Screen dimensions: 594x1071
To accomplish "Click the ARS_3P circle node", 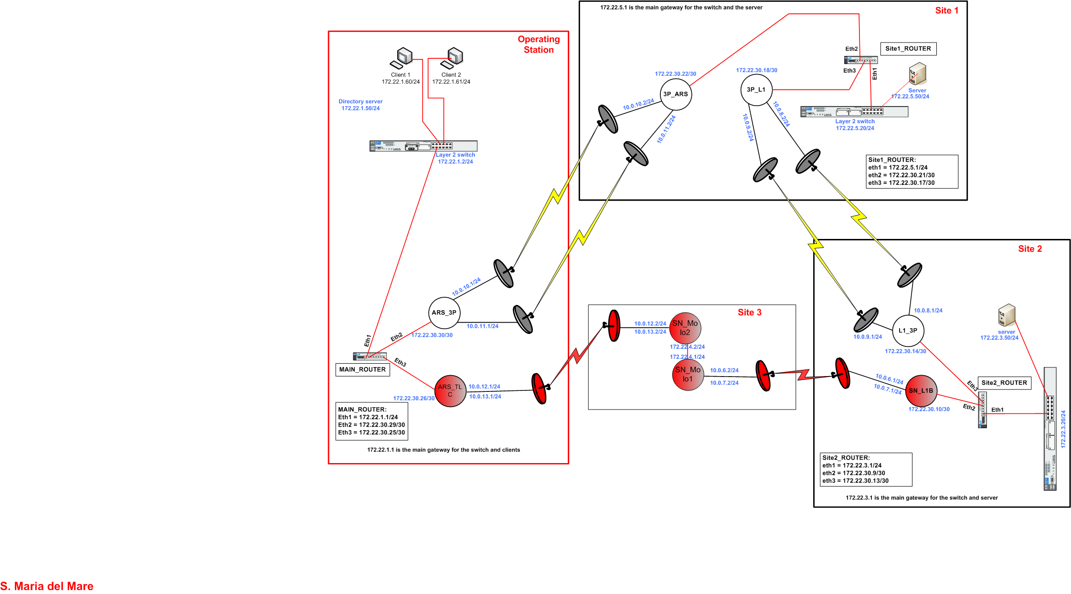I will click(x=444, y=313).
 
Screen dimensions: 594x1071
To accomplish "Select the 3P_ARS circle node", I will click(x=676, y=94).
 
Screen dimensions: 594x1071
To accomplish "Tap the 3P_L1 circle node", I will click(x=756, y=90).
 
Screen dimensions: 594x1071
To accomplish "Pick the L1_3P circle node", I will click(x=908, y=331).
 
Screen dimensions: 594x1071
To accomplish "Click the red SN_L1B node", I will click(x=921, y=391).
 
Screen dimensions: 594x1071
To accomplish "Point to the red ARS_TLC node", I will click(x=450, y=391).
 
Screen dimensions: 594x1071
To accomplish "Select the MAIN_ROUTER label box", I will click(x=362, y=370).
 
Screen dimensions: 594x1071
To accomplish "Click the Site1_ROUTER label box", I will click(x=908, y=49).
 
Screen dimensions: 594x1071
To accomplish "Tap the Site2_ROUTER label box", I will click(x=1004, y=383).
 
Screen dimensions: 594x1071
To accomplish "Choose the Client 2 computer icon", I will click(x=453, y=58).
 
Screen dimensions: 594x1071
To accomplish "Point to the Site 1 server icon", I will click(x=917, y=75).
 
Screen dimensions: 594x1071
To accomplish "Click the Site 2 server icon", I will click(x=1007, y=316).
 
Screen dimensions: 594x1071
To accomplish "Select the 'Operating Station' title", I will click(x=539, y=44).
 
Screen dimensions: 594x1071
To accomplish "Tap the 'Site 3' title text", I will click(x=749, y=313).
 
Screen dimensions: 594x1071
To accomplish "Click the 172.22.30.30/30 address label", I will click(x=432, y=335).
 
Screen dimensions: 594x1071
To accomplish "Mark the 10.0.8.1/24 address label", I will click(x=928, y=311).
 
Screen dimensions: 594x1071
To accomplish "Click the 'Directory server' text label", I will click(x=361, y=102).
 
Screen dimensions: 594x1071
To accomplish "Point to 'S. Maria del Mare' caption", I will click(x=47, y=586).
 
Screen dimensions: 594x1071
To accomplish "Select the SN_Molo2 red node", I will click(x=685, y=328).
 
